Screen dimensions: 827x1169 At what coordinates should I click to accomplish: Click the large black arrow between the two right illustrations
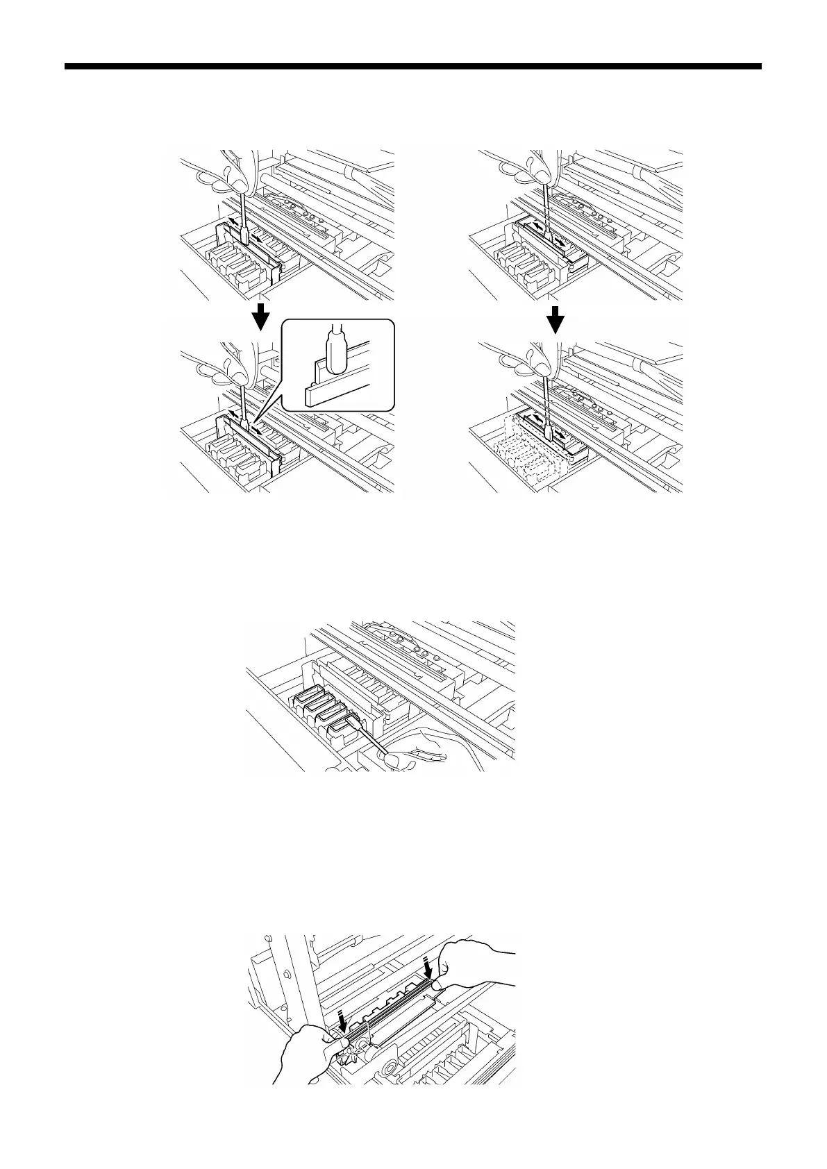[x=555, y=320]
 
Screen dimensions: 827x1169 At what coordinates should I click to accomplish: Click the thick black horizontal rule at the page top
[x=413, y=67]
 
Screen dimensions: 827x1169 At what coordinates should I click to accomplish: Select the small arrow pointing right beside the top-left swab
[x=259, y=238]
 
